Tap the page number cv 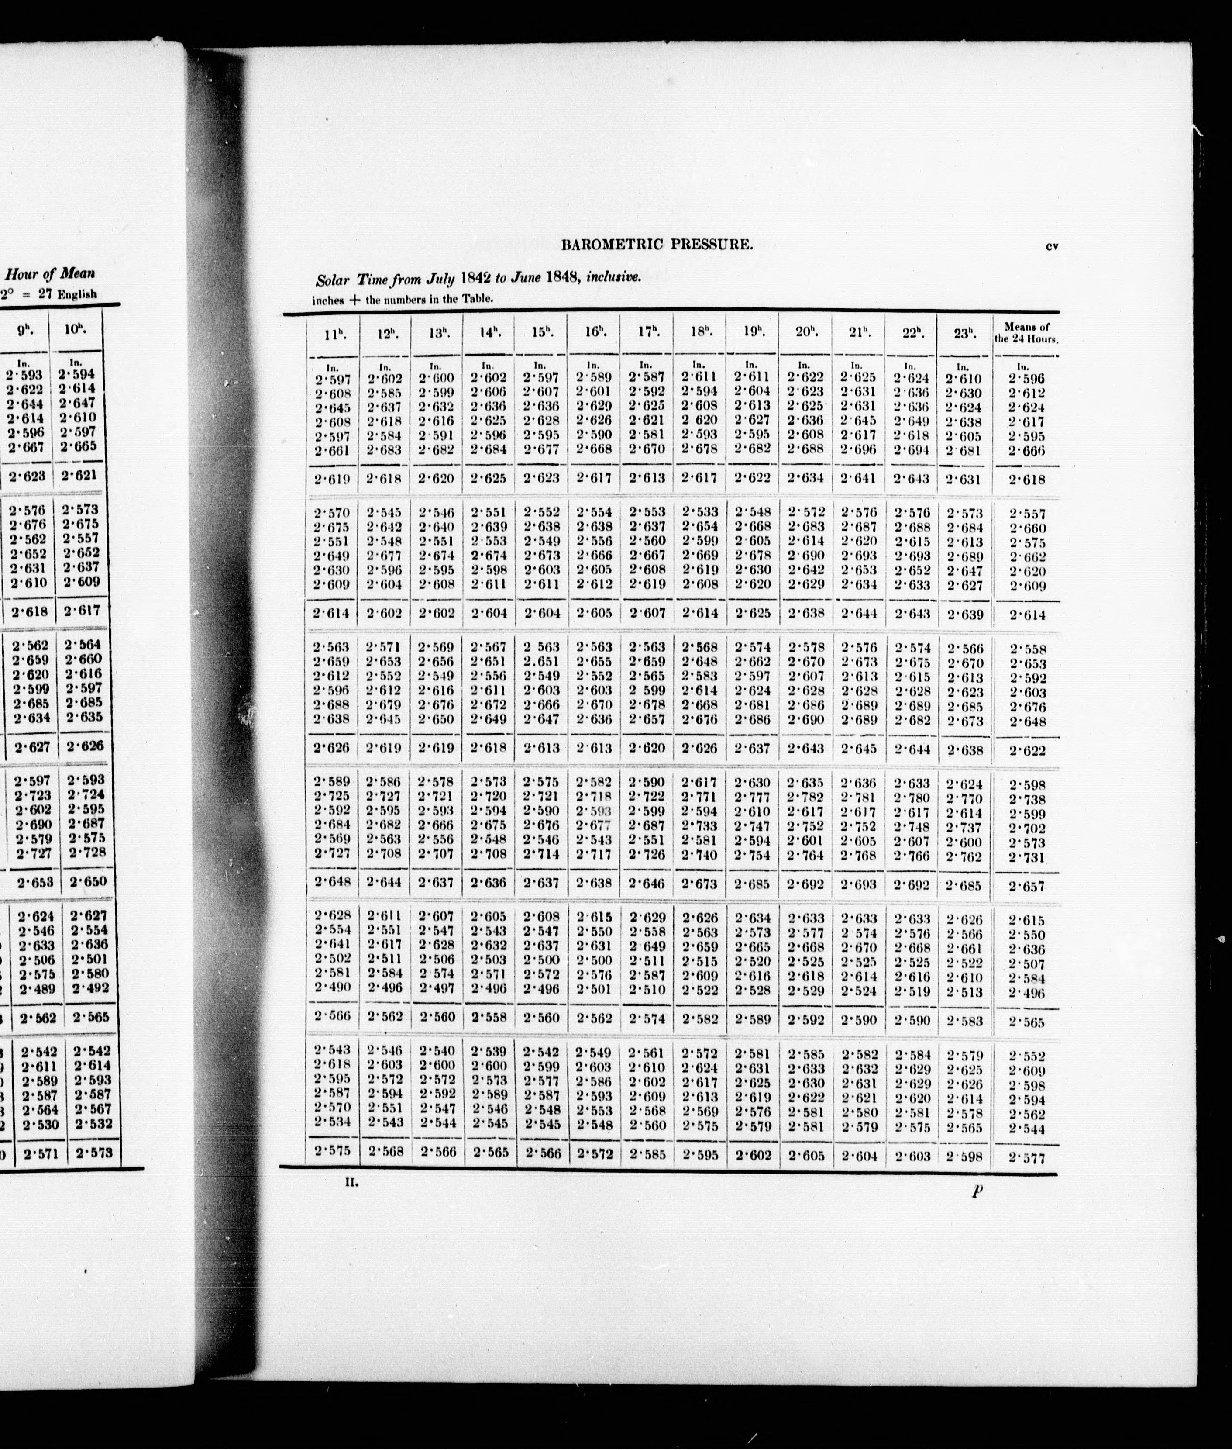point(1053,245)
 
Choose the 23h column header point(964,333)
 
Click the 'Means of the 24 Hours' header point(1026,333)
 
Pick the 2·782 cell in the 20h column point(806,797)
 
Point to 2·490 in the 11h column point(332,987)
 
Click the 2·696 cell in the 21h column point(858,449)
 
